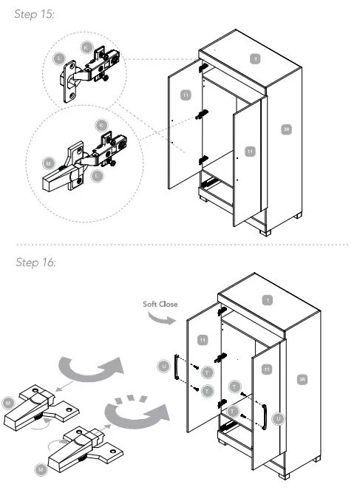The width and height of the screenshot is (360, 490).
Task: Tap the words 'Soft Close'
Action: pos(160,304)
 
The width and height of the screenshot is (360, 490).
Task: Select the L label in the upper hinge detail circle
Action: pos(60,57)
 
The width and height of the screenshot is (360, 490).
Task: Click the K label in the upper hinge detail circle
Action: pos(86,47)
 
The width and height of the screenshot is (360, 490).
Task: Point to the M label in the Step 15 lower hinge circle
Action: pos(49,161)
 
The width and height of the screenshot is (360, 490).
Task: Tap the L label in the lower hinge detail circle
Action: pos(98,175)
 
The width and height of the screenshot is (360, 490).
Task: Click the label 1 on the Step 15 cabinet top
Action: pos(254,58)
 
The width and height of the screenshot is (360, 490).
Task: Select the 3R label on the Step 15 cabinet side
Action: pos(286,129)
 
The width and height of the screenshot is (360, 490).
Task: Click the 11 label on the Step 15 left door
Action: pos(186,95)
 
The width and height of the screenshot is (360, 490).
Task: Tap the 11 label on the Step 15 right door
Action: pos(250,151)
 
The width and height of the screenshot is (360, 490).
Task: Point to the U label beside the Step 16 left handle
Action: pos(163,365)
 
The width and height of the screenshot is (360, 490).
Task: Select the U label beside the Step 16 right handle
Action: pos(279,418)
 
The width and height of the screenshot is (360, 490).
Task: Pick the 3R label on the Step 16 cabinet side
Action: pos(302,380)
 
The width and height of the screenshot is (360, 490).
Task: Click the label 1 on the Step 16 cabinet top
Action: pos(268,300)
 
